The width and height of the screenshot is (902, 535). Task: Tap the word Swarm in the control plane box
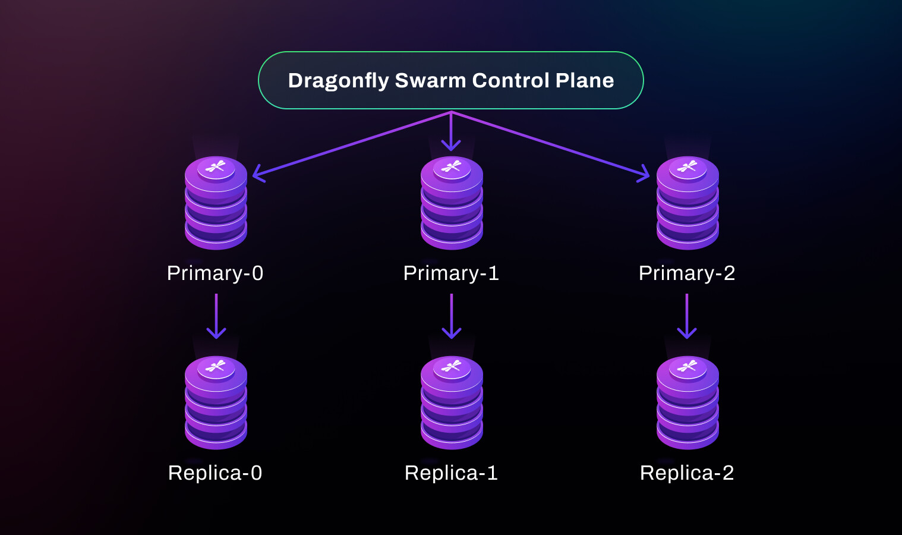(x=430, y=80)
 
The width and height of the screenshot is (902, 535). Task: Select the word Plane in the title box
(x=585, y=80)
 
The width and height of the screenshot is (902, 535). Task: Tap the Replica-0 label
(x=216, y=473)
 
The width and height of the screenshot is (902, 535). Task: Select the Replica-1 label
(x=451, y=473)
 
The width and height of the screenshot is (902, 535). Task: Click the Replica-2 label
(x=687, y=473)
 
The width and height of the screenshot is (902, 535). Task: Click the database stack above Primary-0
(x=216, y=203)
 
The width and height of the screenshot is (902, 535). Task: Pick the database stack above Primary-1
(x=452, y=203)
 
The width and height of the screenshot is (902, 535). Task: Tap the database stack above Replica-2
(x=687, y=402)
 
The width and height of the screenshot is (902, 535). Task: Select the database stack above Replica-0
(x=216, y=402)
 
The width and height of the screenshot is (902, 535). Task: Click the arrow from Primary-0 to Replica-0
(x=216, y=316)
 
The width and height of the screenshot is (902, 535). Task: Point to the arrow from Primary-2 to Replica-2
(x=687, y=316)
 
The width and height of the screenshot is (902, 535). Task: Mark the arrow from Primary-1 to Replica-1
(x=452, y=316)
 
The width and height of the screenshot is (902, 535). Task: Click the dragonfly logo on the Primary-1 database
(x=452, y=166)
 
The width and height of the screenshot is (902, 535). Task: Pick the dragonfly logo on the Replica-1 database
(x=452, y=366)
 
